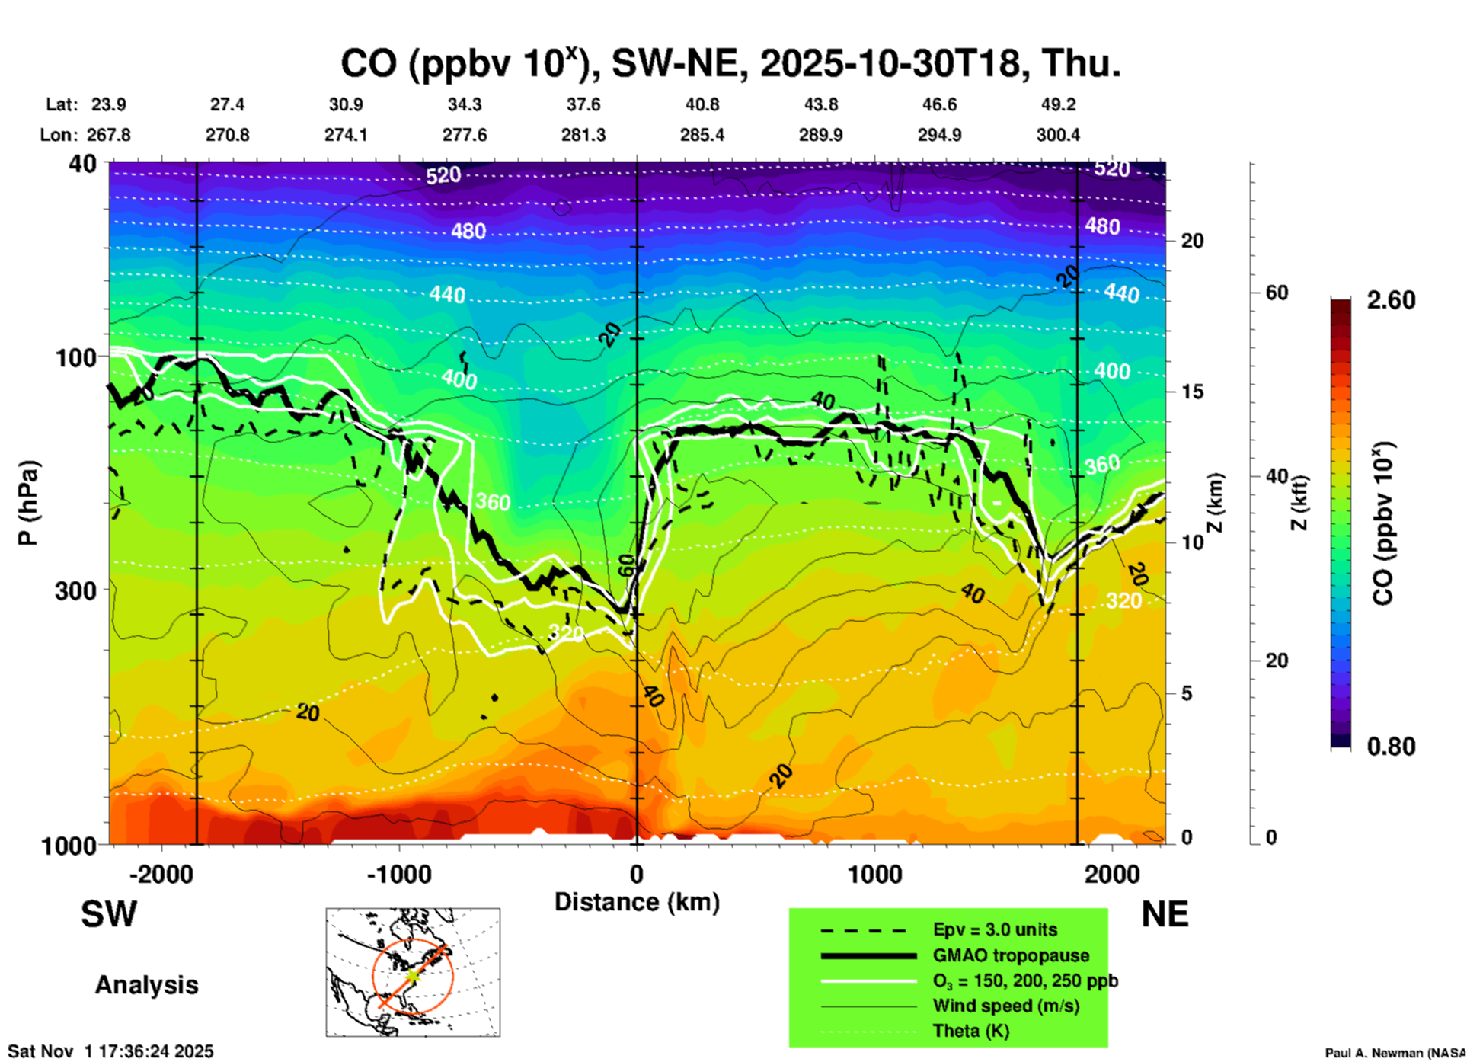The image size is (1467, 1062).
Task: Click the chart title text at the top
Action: (730, 63)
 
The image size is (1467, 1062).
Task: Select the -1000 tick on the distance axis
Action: (399, 874)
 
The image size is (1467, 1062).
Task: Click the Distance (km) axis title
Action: (637, 902)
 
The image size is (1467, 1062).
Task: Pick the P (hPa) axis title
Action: (27, 503)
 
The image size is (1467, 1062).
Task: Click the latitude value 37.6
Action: (583, 104)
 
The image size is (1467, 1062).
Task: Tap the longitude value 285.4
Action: (702, 135)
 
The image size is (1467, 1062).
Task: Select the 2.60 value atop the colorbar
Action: (1391, 300)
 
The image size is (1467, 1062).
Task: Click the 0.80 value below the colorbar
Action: (1391, 746)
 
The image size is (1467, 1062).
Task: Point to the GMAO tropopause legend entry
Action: (1010, 955)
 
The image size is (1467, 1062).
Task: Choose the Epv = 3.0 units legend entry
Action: (995, 929)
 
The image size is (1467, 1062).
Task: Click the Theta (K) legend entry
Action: (970, 1031)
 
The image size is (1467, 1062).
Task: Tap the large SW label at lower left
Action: (109, 914)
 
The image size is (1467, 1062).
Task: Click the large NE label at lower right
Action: (1165, 914)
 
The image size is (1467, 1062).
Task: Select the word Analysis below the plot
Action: (146, 985)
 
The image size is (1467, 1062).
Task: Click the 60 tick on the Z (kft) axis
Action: (1277, 293)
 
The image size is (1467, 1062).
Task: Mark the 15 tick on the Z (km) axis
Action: (1192, 392)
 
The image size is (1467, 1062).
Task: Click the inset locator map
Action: (413, 971)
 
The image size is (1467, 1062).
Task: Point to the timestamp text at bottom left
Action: (110, 1051)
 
